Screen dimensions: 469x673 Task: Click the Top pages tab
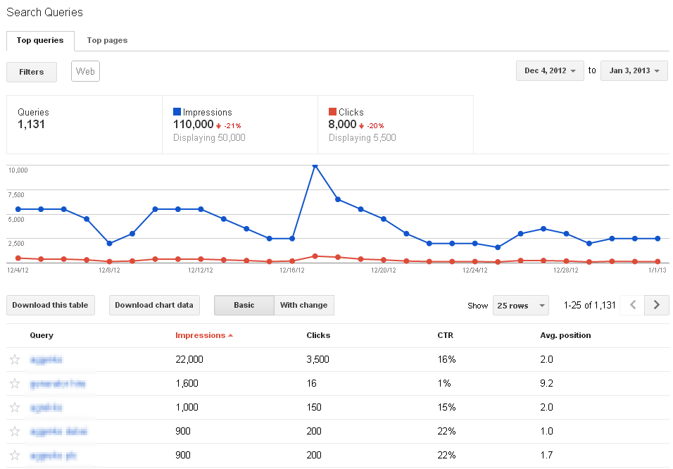(107, 40)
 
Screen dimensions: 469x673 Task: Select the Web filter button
(85, 71)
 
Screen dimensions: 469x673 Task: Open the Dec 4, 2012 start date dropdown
(550, 70)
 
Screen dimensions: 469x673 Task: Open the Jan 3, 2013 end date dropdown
(634, 70)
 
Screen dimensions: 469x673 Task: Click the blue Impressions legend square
(177, 112)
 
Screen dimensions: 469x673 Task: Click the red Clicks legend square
(332, 112)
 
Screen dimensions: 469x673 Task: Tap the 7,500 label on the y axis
(15, 194)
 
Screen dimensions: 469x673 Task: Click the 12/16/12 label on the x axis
(291, 270)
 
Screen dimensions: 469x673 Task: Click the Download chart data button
(154, 305)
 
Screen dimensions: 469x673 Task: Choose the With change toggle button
(303, 305)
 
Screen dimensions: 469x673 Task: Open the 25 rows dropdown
(521, 306)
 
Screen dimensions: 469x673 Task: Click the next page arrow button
(657, 305)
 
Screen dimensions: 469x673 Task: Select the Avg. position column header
(565, 335)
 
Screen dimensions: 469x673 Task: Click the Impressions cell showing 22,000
(189, 359)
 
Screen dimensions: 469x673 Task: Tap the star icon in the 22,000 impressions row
(15, 359)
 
